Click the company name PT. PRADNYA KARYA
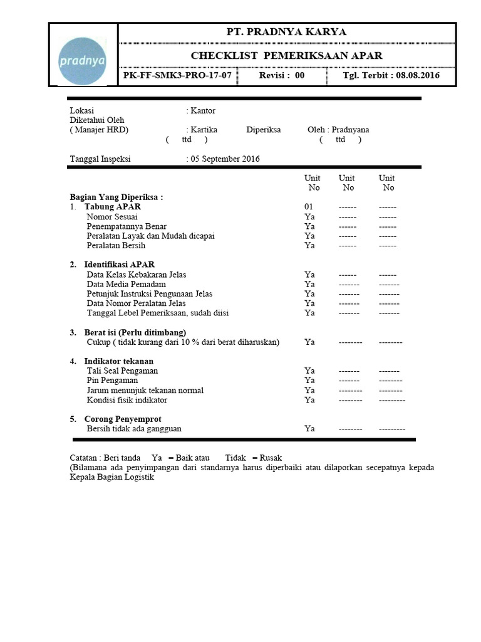pyautogui.click(x=286, y=32)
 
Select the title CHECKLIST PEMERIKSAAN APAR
pyautogui.click(x=286, y=56)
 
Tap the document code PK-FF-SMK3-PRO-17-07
pyautogui.click(x=177, y=75)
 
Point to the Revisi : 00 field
pyautogui.click(x=282, y=75)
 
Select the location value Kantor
pyautogui.click(x=203, y=110)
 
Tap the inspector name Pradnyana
pyautogui.click(x=350, y=130)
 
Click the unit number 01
pyautogui.click(x=308, y=207)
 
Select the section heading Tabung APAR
pyautogui.click(x=113, y=207)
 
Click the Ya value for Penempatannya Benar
pyautogui.click(x=309, y=226)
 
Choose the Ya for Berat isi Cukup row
pyautogui.click(x=309, y=342)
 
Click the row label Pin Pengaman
pyautogui.click(x=112, y=381)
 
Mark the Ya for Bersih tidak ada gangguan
pyautogui.click(x=309, y=429)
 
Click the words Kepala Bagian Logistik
pyautogui.click(x=111, y=477)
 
